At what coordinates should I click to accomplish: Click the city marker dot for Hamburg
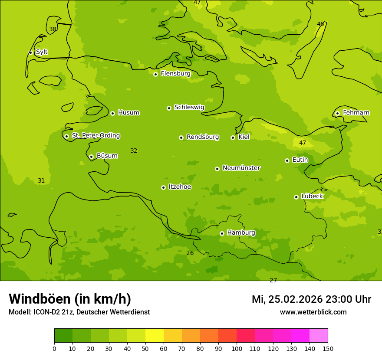tap(222, 233)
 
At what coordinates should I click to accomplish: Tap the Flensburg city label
tap(175, 74)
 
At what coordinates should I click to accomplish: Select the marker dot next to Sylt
tap(30, 52)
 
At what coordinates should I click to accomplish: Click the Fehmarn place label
tap(356, 113)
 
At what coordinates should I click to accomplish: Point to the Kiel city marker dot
tap(233, 137)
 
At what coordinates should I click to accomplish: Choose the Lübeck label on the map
tap(312, 196)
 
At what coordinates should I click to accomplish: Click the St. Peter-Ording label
tap(95, 136)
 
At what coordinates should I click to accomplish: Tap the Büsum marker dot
tap(91, 157)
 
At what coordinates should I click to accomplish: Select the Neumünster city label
tap(241, 168)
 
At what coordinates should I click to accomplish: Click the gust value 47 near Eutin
tap(303, 143)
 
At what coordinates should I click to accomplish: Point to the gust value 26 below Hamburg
tap(190, 253)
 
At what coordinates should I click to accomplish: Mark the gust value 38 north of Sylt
tap(53, 29)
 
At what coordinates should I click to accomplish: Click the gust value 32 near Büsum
tap(134, 151)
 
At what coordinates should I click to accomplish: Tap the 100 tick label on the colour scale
tap(237, 348)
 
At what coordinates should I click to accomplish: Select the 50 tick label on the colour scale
tap(145, 348)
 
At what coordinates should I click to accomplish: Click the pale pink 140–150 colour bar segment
tap(319, 336)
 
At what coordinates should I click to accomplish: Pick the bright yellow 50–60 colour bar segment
tap(155, 336)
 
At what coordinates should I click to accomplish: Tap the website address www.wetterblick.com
tap(313, 312)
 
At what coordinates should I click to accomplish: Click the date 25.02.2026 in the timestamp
tap(295, 299)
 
